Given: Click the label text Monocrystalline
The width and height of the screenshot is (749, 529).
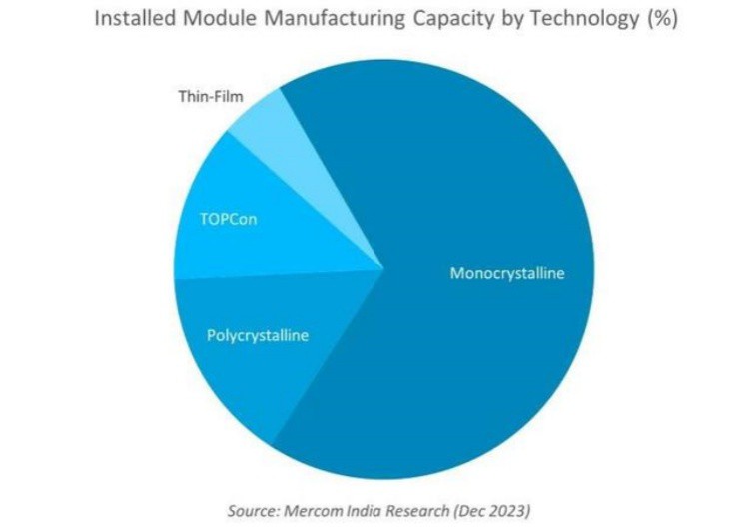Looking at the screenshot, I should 507,272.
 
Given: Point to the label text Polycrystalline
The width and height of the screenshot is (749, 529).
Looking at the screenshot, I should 258,335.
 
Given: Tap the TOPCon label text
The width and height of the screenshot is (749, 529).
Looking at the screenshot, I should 229,219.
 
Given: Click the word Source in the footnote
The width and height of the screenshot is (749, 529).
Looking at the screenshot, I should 252,511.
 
